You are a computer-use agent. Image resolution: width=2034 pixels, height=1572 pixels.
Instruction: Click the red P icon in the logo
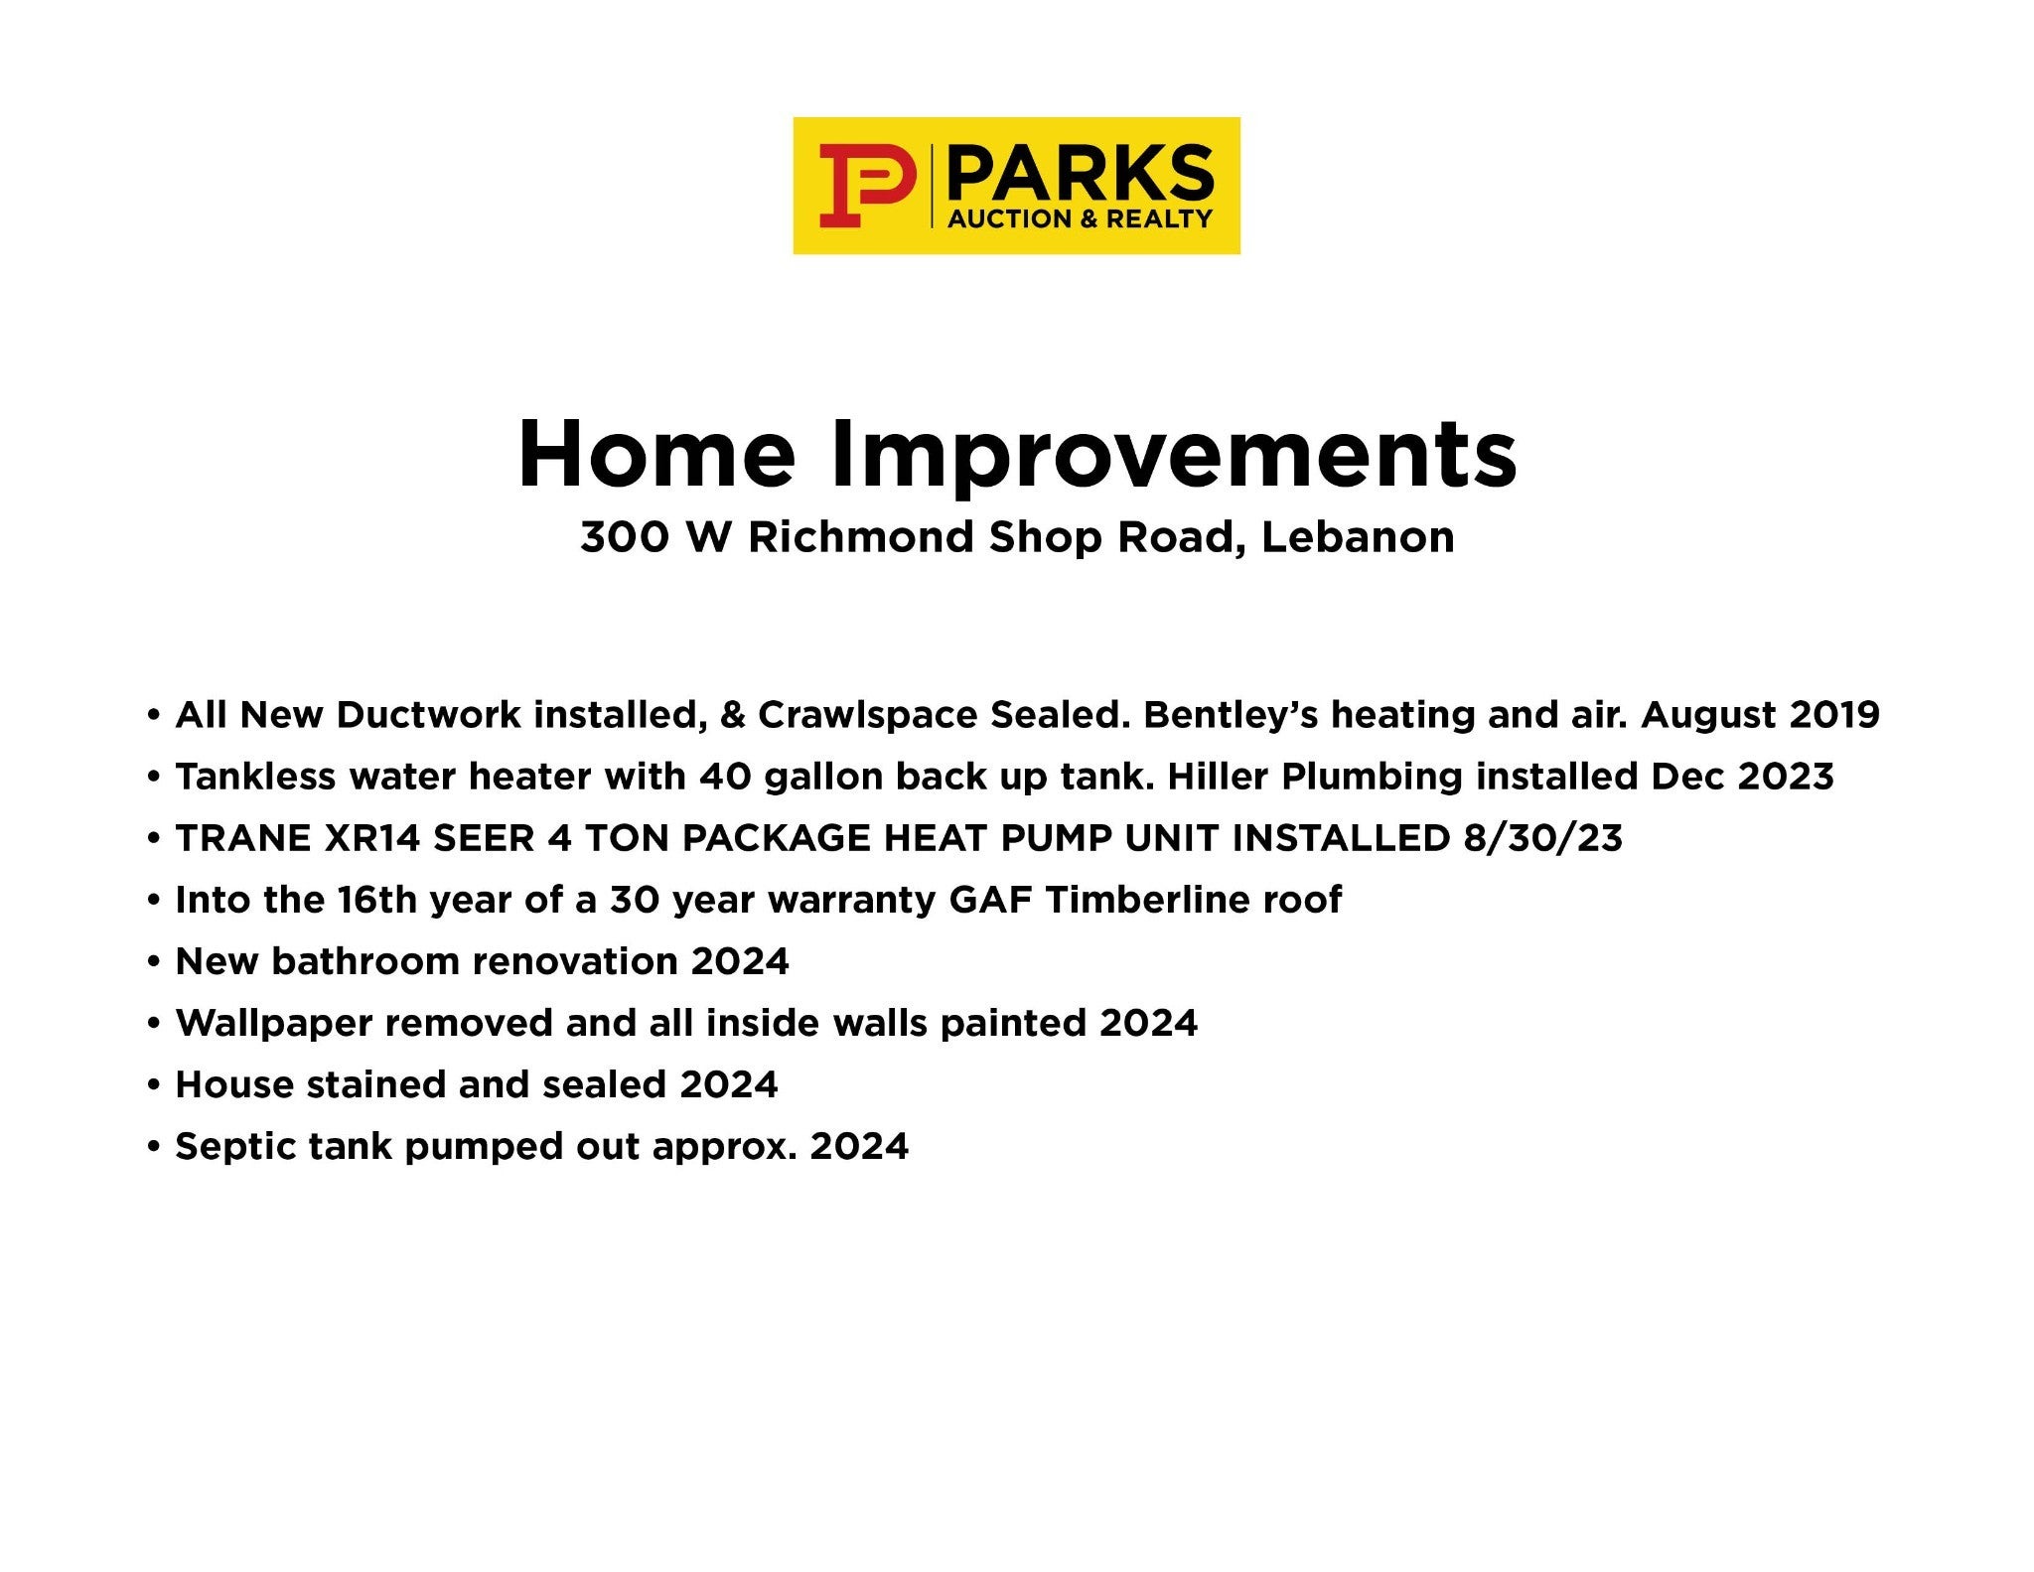point(866,185)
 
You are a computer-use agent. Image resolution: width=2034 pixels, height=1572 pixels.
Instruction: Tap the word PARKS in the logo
point(1081,174)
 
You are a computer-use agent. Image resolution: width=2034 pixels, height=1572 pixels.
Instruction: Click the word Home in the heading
point(657,455)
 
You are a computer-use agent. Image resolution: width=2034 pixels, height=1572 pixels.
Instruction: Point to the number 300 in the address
point(624,537)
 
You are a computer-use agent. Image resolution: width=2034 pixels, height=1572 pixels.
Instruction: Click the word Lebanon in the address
point(1358,537)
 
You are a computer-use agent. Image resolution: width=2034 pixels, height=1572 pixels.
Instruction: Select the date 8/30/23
point(1542,838)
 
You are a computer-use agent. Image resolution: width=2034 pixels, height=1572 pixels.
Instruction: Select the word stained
point(376,1084)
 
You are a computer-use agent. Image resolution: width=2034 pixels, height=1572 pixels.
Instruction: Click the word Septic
point(236,1147)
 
